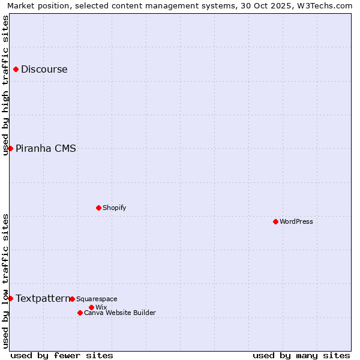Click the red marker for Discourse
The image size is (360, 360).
[16, 69]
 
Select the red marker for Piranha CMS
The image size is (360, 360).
[10, 148]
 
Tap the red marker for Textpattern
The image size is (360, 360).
[10, 298]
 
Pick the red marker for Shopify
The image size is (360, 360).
[98, 208]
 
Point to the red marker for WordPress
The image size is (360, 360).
[275, 221]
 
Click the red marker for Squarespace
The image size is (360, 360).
[72, 299]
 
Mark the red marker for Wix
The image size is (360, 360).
[91, 307]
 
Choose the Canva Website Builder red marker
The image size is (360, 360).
[80, 313]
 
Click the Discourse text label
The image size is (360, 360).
[44, 69]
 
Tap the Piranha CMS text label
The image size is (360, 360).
[46, 148]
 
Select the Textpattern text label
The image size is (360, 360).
[43, 298]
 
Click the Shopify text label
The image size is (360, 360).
[114, 208]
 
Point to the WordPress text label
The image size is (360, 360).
[296, 221]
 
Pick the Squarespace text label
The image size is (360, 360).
[97, 299]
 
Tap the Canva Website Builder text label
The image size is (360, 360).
[120, 313]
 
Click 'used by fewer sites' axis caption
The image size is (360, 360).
[62, 355]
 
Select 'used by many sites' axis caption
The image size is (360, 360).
[301, 355]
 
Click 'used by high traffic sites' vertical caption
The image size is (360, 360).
[6, 85]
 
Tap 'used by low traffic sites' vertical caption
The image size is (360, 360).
[6, 281]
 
